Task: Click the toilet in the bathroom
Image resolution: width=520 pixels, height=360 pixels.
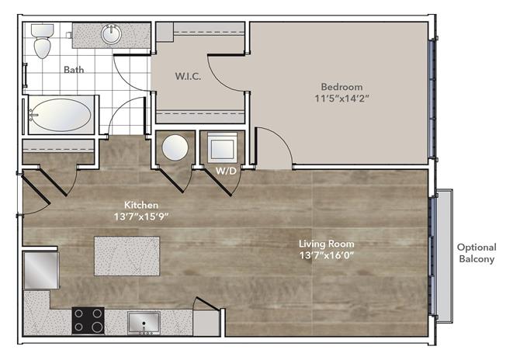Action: click(x=42, y=40)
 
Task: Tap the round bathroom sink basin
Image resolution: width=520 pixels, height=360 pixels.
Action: click(x=111, y=34)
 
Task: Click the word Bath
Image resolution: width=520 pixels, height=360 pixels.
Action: click(x=74, y=70)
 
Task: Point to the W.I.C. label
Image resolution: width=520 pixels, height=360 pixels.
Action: click(x=188, y=76)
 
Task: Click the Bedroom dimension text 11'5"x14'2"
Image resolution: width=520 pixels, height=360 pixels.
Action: click(x=341, y=99)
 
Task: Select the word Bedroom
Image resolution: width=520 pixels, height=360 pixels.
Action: click(x=341, y=87)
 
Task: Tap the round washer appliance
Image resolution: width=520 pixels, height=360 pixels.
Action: click(x=175, y=148)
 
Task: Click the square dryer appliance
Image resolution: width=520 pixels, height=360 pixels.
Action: click(x=223, y=147)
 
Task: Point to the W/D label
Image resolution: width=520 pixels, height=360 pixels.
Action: click(x=226, y=171)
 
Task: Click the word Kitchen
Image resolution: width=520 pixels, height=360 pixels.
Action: click(x=141, y=205)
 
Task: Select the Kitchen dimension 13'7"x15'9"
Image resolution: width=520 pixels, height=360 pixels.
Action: click(x=141, y=216)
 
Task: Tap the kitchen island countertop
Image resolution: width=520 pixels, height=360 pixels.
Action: click(x=127, y=256)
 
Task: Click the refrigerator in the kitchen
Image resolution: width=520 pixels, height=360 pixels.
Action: click(x=41, y=270)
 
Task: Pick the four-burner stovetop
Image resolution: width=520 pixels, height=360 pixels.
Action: click(x=88, y=320)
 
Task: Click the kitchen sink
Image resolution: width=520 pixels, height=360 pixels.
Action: click(x=144, y=322)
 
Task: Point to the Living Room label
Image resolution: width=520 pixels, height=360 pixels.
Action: click(x=326, y=244)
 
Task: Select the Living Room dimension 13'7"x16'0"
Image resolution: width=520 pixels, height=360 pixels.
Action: click(x=327, y=255)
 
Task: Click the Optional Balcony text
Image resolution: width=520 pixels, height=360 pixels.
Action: click(x=477, y=253)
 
